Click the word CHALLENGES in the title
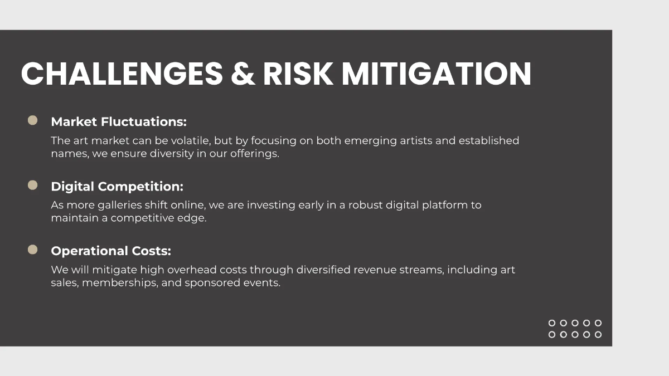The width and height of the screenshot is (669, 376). (122, 74)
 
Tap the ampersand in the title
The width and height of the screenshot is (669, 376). (243, 74)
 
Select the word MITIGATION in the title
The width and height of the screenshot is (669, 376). (437, 74)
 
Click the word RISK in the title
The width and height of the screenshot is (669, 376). (298, 74)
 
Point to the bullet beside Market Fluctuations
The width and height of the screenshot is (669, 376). (32, 120)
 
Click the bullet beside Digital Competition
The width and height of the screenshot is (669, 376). (32, 185)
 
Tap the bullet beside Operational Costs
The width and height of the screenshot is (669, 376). (32, 250)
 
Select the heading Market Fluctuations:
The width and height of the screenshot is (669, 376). (119, 122)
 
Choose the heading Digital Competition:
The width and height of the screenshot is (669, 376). (117, 187)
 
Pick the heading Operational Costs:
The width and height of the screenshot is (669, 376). (111, 251)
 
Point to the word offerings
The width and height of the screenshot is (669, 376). (255, 154)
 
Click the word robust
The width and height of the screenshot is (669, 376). (366, 206)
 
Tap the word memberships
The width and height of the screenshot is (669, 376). (120, 283)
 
